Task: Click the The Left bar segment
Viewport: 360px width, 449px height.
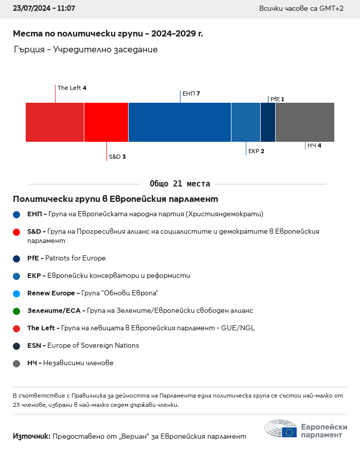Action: point(55,122)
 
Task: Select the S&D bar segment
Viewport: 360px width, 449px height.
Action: point(106,122)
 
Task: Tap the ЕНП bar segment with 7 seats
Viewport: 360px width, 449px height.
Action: point(179,122)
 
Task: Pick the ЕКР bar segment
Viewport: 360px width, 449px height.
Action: point(246,122)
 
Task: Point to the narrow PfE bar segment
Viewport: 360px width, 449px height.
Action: point(268,122)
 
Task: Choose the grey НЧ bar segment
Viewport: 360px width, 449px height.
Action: point(305,122)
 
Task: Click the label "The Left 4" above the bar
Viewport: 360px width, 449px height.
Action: point(71,88)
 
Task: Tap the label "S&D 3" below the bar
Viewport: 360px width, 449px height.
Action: point(117,157)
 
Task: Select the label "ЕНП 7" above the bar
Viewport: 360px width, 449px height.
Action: point(191,93)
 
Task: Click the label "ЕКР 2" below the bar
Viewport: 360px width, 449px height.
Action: point(256,151)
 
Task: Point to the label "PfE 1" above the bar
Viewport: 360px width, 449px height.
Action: point(277,99)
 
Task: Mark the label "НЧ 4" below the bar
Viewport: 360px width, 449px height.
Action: point(314,146)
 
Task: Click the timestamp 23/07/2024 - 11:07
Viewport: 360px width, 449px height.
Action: point(44,9)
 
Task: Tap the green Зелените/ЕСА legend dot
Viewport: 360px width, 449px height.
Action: point(17,311)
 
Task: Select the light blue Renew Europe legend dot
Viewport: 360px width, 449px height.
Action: point(17,293)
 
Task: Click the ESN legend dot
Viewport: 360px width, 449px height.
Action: point(17,346)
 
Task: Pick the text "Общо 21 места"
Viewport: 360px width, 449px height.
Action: point(179,184)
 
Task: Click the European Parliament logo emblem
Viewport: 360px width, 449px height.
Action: point(281,429)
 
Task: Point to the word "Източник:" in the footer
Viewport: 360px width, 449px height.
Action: point(31,436)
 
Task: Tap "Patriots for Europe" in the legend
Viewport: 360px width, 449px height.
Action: point(75,258)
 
